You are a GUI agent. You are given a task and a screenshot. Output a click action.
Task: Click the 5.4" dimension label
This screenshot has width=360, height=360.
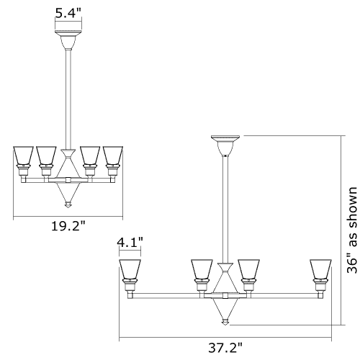(68, 13)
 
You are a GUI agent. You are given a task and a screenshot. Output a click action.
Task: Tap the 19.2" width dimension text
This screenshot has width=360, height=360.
(68, 226)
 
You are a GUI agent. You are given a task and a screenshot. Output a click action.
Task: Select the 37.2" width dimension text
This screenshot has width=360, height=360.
(225, 348)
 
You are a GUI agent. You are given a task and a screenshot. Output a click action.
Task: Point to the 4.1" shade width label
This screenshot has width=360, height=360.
(130, 243)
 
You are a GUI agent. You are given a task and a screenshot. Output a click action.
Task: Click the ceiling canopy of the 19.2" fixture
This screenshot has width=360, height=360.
(68, 40)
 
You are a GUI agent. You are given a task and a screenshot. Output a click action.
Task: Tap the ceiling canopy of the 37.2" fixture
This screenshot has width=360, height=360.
(225, 145)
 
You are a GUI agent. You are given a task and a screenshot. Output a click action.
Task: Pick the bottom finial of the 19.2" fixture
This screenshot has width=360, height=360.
(68, 204)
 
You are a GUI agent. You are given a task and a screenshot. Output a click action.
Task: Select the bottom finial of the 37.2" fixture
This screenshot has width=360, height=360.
(225, 322)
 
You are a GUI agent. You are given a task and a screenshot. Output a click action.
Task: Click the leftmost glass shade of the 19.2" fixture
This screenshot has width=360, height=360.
(23, 156)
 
